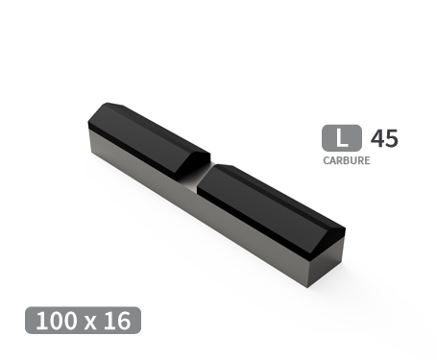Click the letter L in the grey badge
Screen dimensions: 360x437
click(x=341, y=138)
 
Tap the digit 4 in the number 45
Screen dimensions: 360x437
click(x=377, y=138)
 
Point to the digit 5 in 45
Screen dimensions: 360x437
click(x=391, y=138)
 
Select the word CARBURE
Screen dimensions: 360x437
click(x=346, y=160)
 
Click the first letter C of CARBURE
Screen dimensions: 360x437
click(x=327, y=160)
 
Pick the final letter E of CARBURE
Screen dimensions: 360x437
click(x=366, y=160)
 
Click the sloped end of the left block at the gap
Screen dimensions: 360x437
click(x=196, y=157)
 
